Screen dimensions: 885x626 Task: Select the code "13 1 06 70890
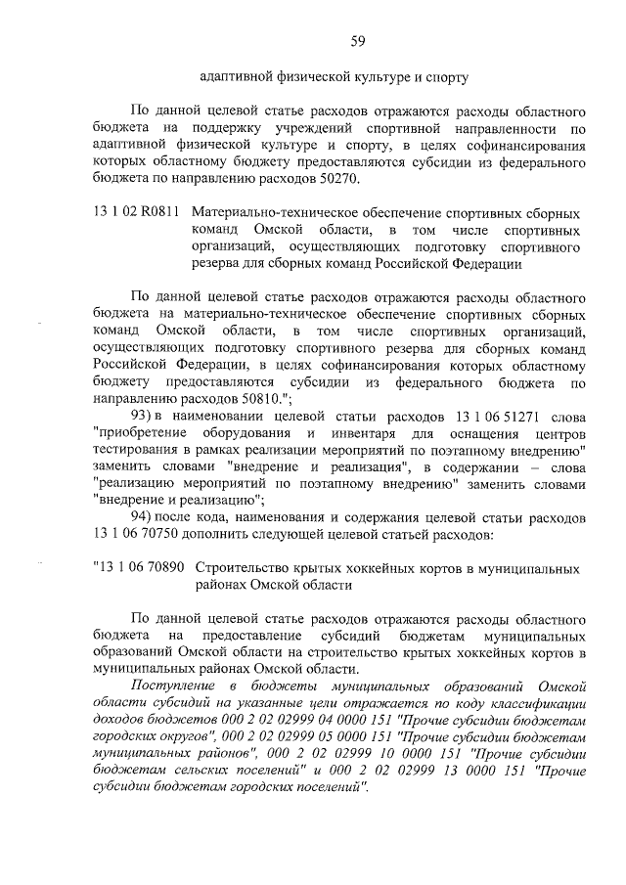136,567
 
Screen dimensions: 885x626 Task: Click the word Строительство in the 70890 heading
241,567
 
